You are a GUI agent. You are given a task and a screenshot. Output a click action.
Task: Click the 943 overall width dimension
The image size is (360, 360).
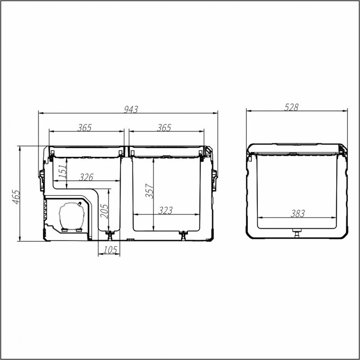[x=131, y=109]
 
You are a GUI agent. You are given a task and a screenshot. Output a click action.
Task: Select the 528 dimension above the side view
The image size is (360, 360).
[x=291, y=107]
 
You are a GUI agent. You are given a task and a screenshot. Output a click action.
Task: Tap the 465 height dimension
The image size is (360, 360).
[x=16, y=197]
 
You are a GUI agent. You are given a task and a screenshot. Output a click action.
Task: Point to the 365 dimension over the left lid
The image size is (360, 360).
[x=84, y=127]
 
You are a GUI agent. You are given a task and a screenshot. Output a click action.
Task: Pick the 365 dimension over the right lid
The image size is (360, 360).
[x=164, y=127]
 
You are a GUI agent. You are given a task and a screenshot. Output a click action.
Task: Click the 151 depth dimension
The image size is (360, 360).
[x=63, y=171]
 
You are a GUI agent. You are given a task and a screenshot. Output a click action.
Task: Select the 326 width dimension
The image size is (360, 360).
[x=86, y=177]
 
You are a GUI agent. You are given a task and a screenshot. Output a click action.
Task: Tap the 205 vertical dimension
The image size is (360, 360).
[x=104, y=211]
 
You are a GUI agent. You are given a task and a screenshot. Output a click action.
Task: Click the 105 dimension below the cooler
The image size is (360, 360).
[x=110, y=250]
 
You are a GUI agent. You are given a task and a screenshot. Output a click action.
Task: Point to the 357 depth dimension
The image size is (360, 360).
[x=149, y=190]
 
